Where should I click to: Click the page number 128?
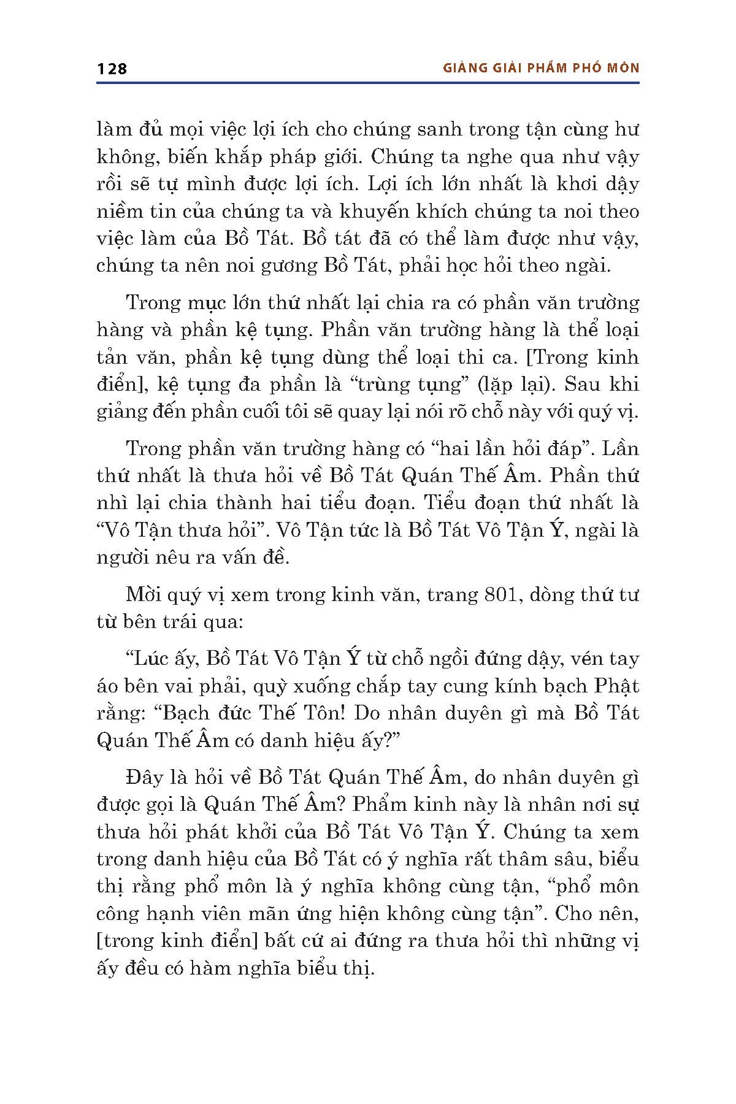pyautogui.click(x=112, y=68)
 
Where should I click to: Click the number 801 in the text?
pyautogui.click(x=503, y=594)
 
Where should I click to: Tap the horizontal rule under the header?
pyautogui.click(x=368, y=82)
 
